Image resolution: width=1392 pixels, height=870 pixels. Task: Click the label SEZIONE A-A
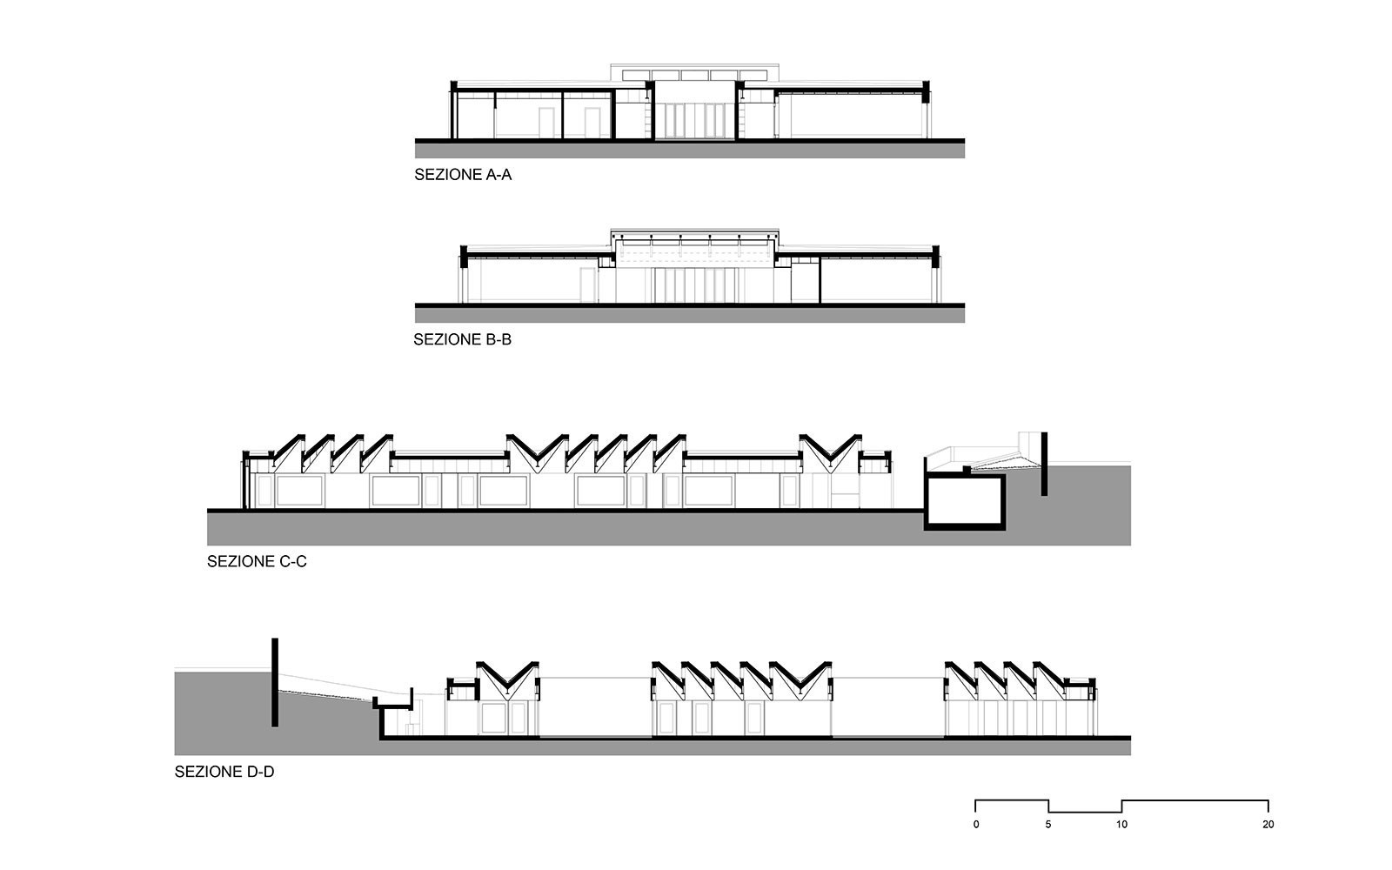tap(463, 175)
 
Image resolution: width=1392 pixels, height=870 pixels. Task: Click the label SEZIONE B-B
tap(462, 340)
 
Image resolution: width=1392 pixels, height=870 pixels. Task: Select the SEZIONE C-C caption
tap(257, 562)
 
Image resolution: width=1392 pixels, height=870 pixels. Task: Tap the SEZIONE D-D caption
tap(224, 772)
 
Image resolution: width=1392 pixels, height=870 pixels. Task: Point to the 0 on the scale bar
tap(976, 824)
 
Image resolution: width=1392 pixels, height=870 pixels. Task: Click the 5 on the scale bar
tap(1048, 824)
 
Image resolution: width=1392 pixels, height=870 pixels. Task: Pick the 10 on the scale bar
tap(1121, 824)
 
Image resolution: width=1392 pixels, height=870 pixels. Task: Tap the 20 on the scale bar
tap(1268, 824)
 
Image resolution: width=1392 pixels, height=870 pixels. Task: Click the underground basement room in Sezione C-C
tap(965, 501)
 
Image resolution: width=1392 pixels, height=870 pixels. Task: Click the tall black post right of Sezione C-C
tap(1044, 464)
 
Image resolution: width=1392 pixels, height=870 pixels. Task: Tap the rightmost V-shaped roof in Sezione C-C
tap(830, 449)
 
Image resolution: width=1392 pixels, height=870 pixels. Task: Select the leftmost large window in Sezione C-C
tap(300, 491)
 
